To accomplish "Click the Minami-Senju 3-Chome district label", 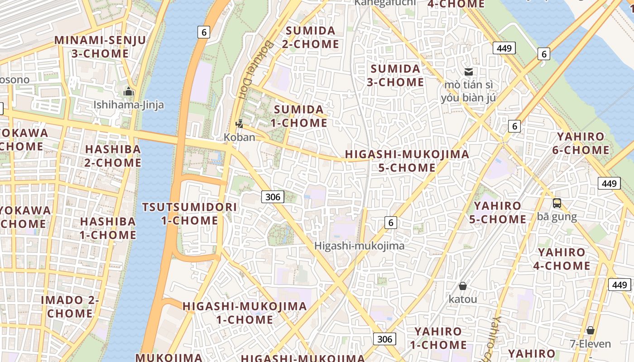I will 100,47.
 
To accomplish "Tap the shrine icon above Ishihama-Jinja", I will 129,92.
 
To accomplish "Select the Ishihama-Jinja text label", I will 129,105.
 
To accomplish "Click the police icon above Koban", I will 239,124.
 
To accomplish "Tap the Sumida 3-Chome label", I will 395,76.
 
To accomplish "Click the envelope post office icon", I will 468,72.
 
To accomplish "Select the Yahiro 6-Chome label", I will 581,143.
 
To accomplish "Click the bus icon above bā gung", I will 557,204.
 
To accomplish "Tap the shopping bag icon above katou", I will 462,286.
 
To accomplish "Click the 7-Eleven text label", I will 590,344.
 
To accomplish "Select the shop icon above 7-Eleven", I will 590,330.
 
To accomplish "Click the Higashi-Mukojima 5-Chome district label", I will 407,161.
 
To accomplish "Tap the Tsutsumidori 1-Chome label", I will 189,214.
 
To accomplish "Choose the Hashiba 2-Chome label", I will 113,156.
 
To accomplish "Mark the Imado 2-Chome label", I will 70,306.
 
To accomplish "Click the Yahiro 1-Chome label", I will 438,338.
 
